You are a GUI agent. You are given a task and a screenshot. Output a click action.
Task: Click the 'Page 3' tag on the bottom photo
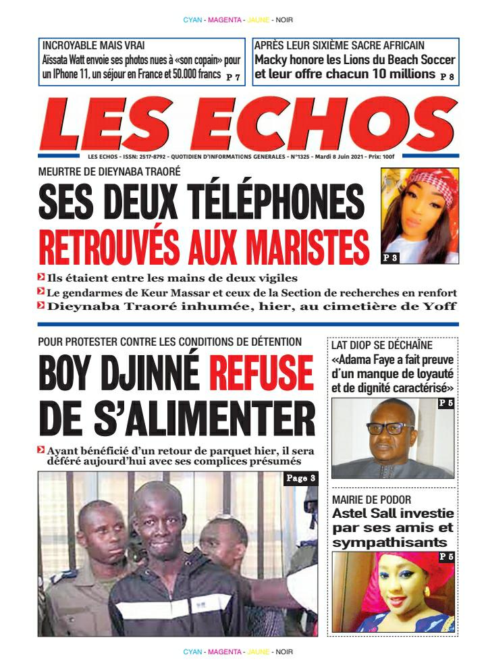tap(300, 479)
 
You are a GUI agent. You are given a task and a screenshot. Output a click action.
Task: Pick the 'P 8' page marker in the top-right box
tap(447, 77)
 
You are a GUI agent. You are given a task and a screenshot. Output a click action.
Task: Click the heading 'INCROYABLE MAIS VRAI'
tap(83, 46)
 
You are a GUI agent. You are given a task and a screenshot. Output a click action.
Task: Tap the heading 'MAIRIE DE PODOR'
tap(369, 500)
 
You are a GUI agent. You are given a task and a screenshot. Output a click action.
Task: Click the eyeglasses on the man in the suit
tap(389, 428)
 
